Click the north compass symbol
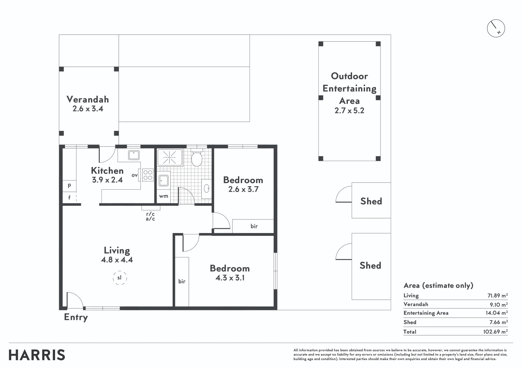point(496,28)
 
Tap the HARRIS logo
point(37,355)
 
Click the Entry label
point(76,317)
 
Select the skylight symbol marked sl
point(120,278)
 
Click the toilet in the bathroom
point(197,159)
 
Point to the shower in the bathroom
point(170,158)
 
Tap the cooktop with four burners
point(148,175)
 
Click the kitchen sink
point(133,155)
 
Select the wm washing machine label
point(163,196)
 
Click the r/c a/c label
point(150,216)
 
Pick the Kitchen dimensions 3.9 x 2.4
point(107,180)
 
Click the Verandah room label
point(88,99)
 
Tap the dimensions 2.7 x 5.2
point(349,110)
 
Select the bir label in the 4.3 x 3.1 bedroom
point(182,281)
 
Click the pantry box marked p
point(69,186)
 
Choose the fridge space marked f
point(69,197)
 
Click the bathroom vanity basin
point(206,188)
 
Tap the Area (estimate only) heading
point(438,285)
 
